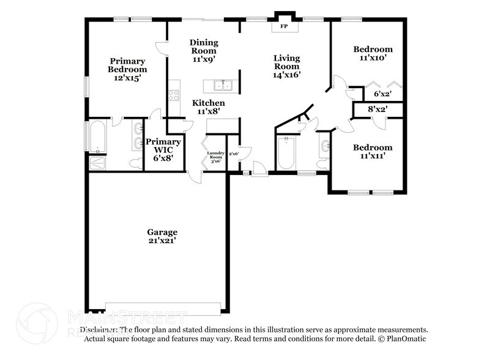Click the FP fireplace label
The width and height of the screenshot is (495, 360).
click(283, 28)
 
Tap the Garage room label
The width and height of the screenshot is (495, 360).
click(162, 232)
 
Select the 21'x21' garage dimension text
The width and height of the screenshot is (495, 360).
click(162, 241)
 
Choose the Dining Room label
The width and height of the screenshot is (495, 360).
click(204, 47)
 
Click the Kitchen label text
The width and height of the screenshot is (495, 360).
click(208, 103)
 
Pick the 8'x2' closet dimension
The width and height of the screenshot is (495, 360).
click(378, 110)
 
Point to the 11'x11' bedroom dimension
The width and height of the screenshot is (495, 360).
click(373, 156)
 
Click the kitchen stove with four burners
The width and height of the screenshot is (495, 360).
click(174, 95)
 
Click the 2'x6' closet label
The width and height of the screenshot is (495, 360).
click(233, 154)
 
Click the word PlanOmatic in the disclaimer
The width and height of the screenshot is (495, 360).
click(406, 339)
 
